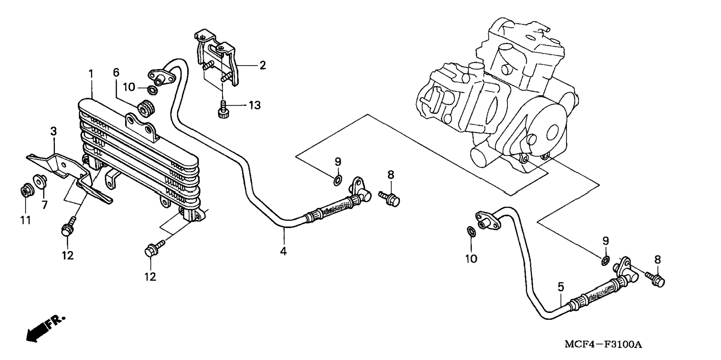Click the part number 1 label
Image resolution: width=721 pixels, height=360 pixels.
91,74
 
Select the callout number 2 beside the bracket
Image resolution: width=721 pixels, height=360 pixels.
263,66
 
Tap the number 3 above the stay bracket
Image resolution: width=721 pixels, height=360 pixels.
54,131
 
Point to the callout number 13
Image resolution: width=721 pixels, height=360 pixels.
255,106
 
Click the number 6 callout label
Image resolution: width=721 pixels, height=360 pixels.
116,72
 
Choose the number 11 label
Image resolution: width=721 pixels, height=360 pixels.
25,220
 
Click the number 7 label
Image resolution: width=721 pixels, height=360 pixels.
45,205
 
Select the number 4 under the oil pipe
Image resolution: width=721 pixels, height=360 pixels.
284,251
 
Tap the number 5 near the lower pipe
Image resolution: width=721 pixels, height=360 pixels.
561,287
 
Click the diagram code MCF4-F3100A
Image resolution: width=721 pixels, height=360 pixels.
603,344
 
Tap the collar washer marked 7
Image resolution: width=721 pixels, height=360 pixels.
40,181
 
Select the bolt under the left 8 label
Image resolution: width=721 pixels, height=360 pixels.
389,198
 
